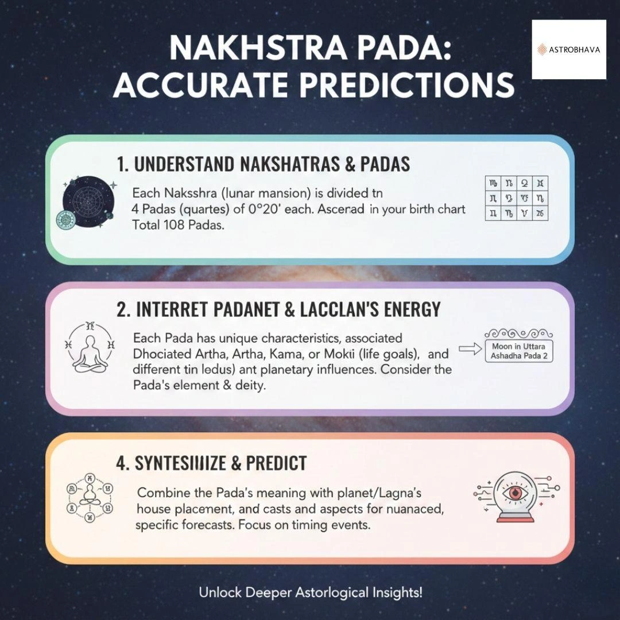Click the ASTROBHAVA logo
pyautogui.click(x=568, y=49)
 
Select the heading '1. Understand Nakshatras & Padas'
pyautogui.click(x=263, y=164)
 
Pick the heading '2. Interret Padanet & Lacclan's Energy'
pyautogui.click(x=278, y=309)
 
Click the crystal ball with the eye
pyautogui.click(x=517, y=496)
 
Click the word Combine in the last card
pyautogui.click(x=164, y=493)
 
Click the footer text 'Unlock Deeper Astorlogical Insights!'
pyautogui.click(x=310, y=592)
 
